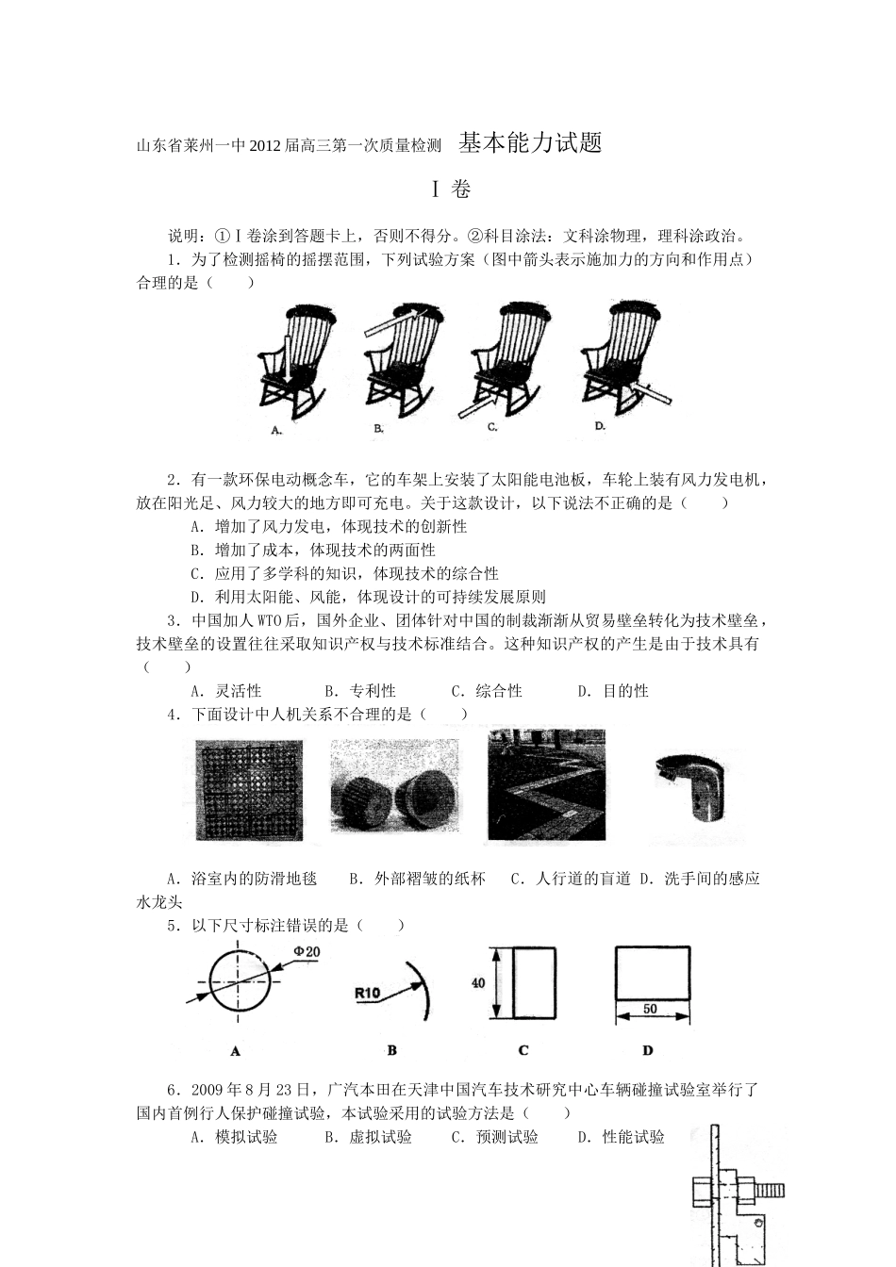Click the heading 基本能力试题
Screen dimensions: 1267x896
[530, 143]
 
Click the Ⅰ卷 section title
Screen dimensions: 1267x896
[450, 189]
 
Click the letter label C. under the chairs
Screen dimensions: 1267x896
[492, 427]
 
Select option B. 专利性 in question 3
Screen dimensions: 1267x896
[359, 691]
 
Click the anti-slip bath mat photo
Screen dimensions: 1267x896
[249, 790]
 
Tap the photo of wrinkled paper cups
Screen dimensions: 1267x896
[394, 790]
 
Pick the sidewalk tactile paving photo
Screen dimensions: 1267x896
[546, 784]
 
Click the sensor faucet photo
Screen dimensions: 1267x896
[692, 784]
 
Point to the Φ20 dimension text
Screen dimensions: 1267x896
[307, 952]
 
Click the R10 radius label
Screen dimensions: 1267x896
[367, 993]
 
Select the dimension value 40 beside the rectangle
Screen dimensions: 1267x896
[478, 983]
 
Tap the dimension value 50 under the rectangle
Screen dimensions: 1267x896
[650, 1009]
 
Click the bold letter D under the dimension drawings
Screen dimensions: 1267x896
[648, 1050]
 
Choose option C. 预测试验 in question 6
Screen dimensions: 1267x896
[494, 1137]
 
